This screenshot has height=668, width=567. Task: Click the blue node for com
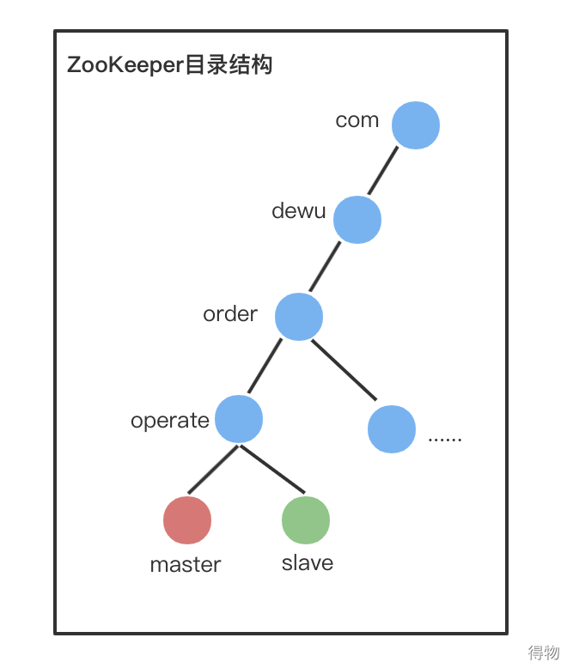point(416,125)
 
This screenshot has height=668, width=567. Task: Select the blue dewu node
point(357,219)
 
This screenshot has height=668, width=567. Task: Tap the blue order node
point(299,316)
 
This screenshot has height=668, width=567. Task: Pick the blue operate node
point(239,419)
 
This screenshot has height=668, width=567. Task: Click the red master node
point(187,519)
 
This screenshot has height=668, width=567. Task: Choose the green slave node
point(306,519)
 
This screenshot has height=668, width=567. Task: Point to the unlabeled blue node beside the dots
point(392,429)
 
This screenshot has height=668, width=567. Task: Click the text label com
point(357,120)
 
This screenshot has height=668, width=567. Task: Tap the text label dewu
point(298,210)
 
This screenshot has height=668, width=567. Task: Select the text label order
point(230,314)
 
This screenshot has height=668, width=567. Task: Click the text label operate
point(170,421)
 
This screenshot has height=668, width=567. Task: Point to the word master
point(186,564)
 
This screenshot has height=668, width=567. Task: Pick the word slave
point(308,563)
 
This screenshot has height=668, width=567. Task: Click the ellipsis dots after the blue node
point(445,438)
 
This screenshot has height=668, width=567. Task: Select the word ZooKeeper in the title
point(125,65)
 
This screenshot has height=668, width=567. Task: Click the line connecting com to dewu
point(383,170)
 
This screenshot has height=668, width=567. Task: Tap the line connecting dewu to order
point(325,267)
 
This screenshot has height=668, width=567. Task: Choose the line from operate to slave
point(273,469)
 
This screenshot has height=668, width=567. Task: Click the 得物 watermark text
point(543,653)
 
